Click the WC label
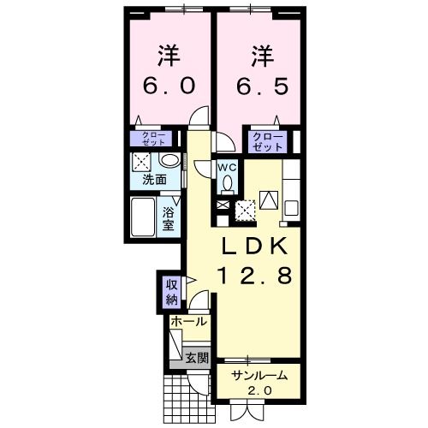tap(228, 167)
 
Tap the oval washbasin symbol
tap(169, 161)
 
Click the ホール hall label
tap(188, 322)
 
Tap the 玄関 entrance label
tap(197, 359)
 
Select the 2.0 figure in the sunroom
tap(259, 391)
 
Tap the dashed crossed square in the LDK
tap(246, 208)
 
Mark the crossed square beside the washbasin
tap(143, 161)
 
